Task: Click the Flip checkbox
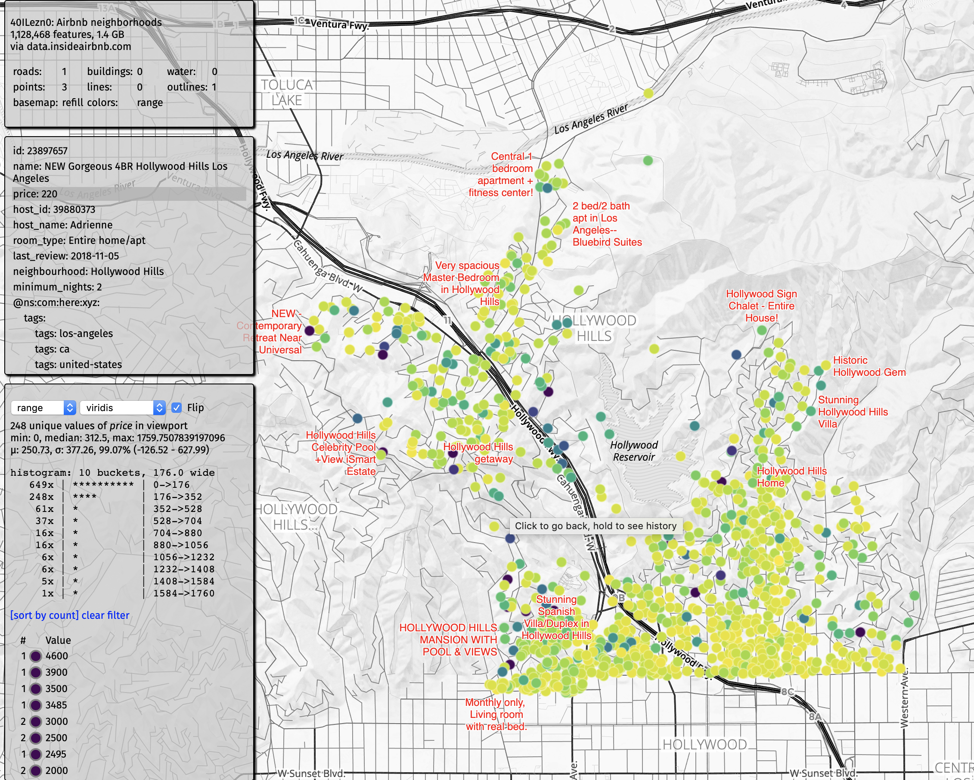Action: pos(177,408)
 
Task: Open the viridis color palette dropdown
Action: pos(122,408)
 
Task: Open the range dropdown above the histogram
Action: pos(43,408)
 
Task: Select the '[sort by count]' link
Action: pos(44,615)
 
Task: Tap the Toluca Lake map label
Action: pos(287,93)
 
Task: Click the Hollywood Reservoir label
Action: pos(634,451)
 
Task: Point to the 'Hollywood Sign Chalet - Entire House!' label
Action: pos(761,306)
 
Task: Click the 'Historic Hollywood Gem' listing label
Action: pos(869,366)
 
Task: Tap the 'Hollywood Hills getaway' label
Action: pos(479,452)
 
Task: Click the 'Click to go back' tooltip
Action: pos(596,526)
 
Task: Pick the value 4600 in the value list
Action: pos(56,655)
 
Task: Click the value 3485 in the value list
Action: pos(56,705)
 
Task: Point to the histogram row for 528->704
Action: pos(113,521)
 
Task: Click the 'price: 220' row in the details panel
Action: pos(35,194)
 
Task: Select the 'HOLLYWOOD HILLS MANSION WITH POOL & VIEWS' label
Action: pos(448,640)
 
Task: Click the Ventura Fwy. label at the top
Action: pos(339,25)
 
